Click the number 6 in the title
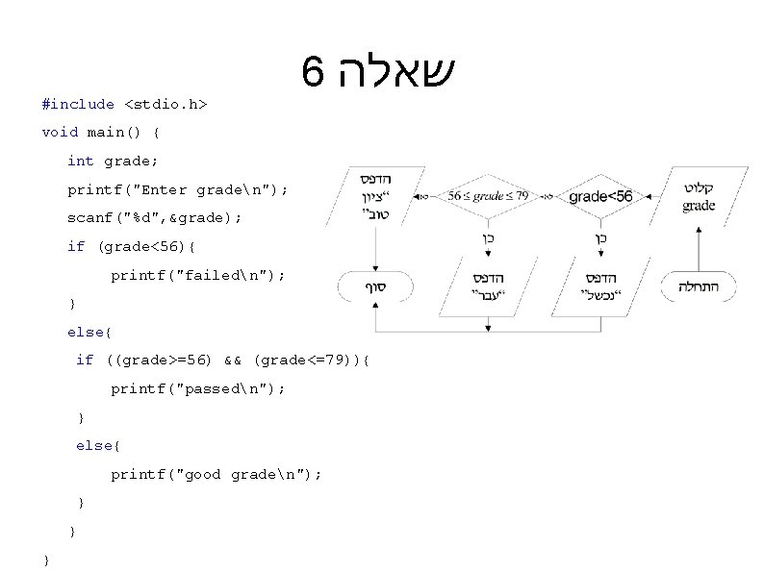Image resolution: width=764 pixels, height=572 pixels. pos(310,72)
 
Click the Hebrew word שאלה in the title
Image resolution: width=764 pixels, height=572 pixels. pos(389,72)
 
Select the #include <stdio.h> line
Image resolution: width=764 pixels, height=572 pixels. pos(125,104)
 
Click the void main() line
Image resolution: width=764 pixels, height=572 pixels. pos(102,132)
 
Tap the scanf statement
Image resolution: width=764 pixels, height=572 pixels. pos(154,218)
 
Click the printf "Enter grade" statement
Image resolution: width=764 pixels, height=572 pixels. pos(177,189)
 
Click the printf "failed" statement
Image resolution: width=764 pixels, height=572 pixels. pos(197,275)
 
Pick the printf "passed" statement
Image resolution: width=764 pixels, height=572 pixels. pos(197,389)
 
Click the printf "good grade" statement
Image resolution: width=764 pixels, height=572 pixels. pos(216,475)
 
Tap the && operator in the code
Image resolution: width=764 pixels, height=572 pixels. pos(232,361)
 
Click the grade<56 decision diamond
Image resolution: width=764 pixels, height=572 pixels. pos(600,196)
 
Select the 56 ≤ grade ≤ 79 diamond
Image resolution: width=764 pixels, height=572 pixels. pos(489,196)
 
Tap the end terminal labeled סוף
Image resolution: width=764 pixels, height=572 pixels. pos(374,286)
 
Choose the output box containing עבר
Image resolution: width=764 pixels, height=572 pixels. pos(488,286)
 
